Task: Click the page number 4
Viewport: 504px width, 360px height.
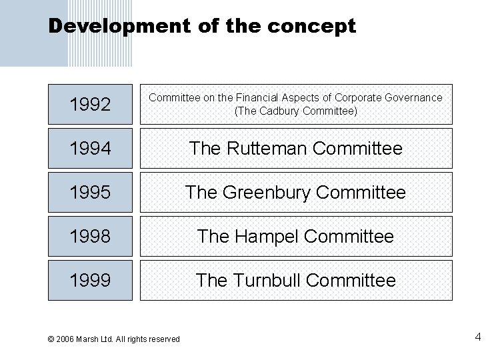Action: click(x=478, y=337)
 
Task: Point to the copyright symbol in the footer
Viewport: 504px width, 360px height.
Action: click(x=51, y=339)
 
